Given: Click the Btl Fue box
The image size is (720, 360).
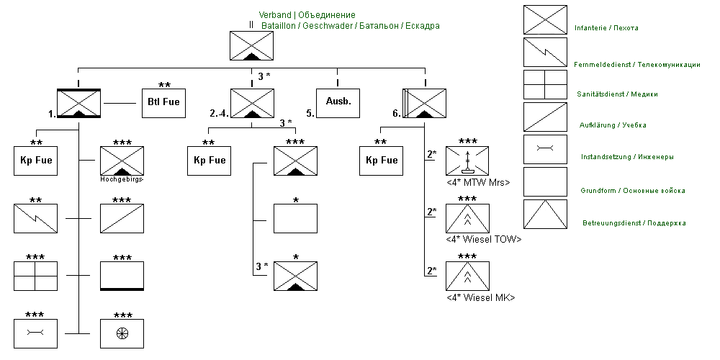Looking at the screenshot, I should pyautogui.click(x=163, y=103).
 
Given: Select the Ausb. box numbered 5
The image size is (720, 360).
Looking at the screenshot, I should pyautogui.click(x=338, y=102).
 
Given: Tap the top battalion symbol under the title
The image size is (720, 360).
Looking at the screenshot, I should pyautogui.click(x=251, y=46).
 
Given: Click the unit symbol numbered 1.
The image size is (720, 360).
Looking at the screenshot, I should pyautogui.click(x=78, y=103).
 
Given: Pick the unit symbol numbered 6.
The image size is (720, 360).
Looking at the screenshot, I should pyautogui.click(x=425, y=103).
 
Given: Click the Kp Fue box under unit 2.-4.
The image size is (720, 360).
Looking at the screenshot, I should pyautogui.click(x=209, y=161).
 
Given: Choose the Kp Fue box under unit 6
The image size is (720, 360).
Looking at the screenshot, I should pyautogui.click(x=382, y=161).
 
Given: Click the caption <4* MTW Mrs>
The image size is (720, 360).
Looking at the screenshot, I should pyautogui.click(x=477, y=182).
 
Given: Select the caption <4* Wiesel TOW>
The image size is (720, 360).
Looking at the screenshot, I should pyautogui.click(x=483, y=239).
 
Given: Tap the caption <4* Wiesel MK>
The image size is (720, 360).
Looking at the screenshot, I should pyautogui.click(x=480, y=297).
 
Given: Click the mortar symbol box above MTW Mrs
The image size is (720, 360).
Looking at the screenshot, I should pyautogui.click(x=467, y=161).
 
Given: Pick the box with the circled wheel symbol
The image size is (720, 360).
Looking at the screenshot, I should pyautogui.click(x=122, y=333).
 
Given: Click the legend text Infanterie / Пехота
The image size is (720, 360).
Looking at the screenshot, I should pyautogui.click(x=606, y=28).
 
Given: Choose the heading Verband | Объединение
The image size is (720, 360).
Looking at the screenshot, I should pyautogui.click(x=307, y=14).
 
